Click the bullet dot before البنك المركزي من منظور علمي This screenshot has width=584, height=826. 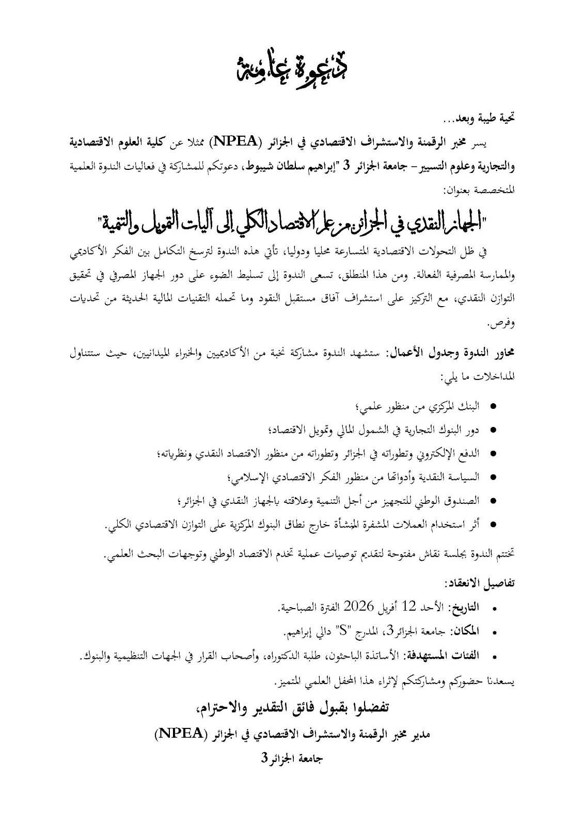493,408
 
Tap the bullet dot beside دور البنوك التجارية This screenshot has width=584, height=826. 493,430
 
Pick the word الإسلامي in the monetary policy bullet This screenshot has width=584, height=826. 248,477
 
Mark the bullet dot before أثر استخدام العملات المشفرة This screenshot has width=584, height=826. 493,523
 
